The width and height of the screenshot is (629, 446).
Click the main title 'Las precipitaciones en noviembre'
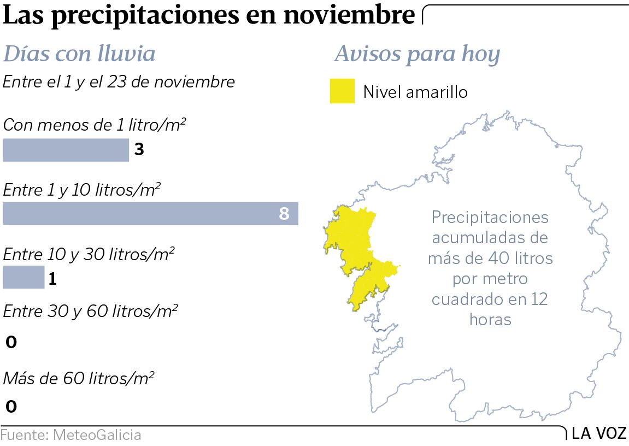[209, 16]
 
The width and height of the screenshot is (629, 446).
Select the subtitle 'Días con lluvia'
[79, 54]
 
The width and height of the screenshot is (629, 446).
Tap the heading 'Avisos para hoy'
[417, 54]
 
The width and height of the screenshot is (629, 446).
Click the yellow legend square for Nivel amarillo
[343, 91]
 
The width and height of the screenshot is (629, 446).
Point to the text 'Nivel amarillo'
[415, 92]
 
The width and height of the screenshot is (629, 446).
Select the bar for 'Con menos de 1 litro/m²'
[66, 150]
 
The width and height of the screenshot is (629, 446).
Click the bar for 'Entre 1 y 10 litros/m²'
[150, 213]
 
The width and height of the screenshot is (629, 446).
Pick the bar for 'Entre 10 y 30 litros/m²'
[23, 277]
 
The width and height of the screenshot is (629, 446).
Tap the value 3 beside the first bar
[139, 150]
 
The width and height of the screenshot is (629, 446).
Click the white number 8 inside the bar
[284, 213]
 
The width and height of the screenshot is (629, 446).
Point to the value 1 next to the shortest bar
[52, 279]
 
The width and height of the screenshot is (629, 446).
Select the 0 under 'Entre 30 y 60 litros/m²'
[11, 343]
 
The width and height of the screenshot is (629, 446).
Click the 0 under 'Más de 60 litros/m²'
[11, 407]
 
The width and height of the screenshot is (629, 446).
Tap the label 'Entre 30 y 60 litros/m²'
[90, 312]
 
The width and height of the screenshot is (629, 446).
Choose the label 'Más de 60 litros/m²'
[79, 378]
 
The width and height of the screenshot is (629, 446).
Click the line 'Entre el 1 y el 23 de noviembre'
[119, 82]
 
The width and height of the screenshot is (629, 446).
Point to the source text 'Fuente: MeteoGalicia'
[71, 435]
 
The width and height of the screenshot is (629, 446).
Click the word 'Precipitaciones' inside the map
[490, 218]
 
